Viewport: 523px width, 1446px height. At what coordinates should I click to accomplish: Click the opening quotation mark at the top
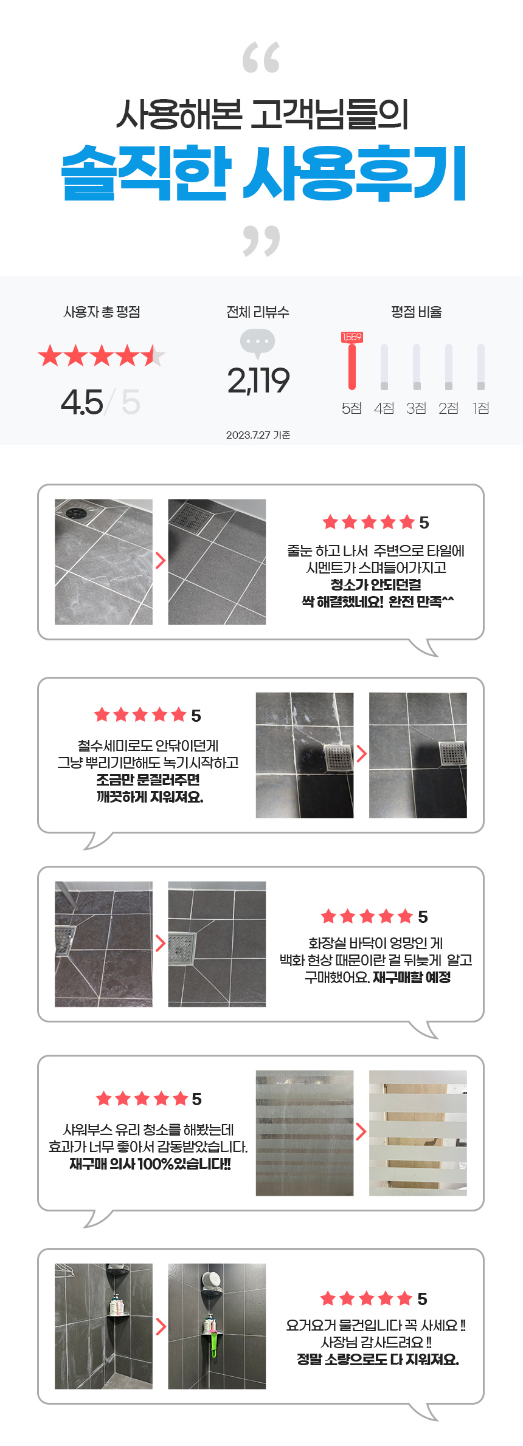point(261,58)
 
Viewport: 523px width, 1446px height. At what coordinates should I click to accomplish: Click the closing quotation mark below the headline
point(261,241)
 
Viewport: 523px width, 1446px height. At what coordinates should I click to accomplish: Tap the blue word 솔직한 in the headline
point(147,173)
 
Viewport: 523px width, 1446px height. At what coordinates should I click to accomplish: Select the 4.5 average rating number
point(82,402)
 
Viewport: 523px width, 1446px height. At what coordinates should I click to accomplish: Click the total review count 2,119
point(258,381)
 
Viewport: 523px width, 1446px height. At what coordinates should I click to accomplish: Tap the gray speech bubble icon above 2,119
point(257,343)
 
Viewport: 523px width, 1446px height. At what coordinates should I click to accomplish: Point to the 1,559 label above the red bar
point(352,337)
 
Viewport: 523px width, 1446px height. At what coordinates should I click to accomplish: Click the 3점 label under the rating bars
point(416,408)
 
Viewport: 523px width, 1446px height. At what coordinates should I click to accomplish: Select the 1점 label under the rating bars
point(481,408)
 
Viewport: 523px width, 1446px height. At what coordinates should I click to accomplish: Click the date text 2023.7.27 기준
point(258,435)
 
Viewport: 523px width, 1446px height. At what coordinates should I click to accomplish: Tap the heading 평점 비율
point(416,312)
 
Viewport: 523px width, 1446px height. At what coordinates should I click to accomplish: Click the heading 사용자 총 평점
point(102,312)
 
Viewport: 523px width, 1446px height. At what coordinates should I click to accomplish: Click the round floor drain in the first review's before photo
point(76,512)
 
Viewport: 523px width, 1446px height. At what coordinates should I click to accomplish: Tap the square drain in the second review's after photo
point(452,753)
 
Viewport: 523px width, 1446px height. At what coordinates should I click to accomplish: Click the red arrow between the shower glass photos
point(361,1131)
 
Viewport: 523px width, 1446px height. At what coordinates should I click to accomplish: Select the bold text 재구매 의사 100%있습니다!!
point(150,1164)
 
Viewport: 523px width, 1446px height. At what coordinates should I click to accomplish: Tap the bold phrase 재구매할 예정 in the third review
point(411,977)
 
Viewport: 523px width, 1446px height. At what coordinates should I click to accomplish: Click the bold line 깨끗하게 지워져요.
point(150,797)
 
